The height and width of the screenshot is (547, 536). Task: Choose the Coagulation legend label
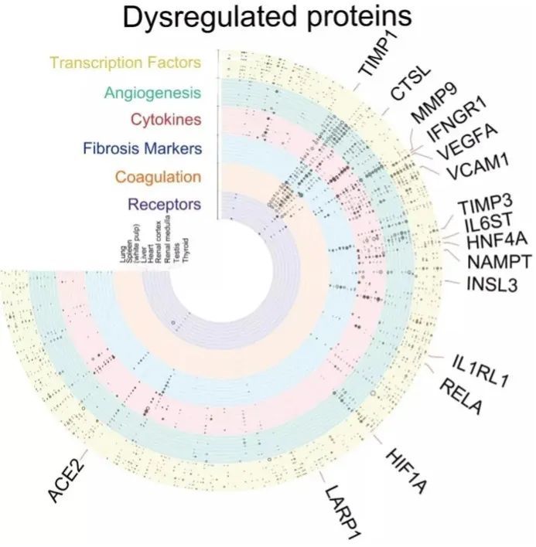(x=157, y=176)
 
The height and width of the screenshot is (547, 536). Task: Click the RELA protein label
(x=461, y=396)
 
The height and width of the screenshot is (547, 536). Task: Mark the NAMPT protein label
(x=498, y=263)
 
